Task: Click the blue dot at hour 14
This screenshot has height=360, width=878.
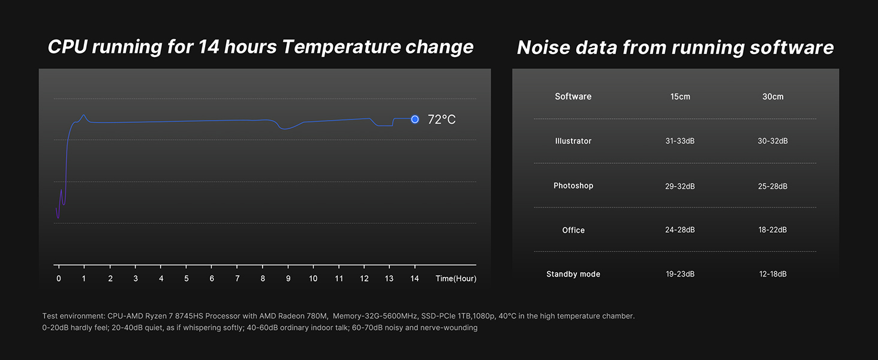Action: click(x=414, y=119)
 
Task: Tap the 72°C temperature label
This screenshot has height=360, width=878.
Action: click(x=441, y=119)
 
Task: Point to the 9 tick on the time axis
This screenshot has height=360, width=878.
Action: click(x=288, y=278)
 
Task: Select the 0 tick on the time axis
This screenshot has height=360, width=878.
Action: click(x=58, y=278)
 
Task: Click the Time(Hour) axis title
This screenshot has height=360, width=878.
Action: click(x=456, y=278)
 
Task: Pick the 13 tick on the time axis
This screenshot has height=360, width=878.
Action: click(x=389, y=278)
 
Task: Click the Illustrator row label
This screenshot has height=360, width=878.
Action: click(x=573, y=141)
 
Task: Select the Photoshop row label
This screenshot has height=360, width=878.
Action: click(x=573, y=185)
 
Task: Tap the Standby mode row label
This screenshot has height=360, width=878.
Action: click(x=573, y=274)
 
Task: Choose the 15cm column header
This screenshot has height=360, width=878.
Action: click(x=680, y=97)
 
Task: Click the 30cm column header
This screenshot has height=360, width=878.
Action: click(x=772, y=97)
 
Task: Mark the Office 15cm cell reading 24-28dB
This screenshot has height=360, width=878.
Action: click(x=680, y=230)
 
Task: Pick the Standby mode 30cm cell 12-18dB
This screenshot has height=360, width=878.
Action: click(x=772, y=274)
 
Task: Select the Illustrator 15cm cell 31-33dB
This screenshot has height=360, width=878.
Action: click(x=680, y=141)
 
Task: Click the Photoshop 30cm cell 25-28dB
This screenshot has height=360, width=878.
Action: click(x=772, y=186)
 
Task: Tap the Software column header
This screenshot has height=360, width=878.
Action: click(x=573, y=97)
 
